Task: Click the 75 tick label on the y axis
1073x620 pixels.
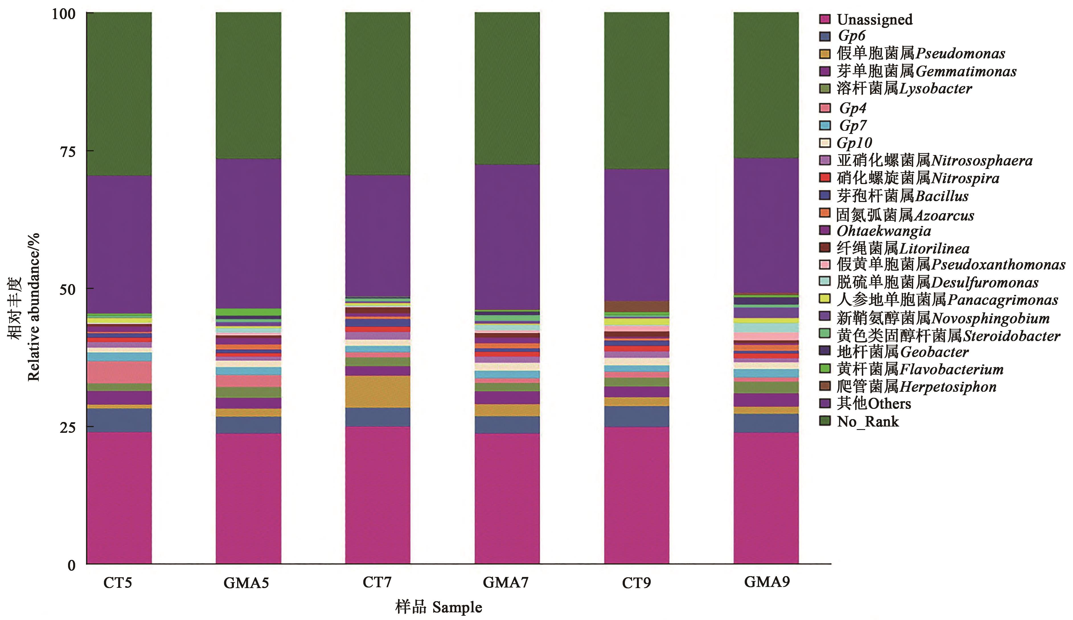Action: point(67,152)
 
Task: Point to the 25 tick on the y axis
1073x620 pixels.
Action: point(67,427)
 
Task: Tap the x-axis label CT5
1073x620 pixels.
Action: point(117,582)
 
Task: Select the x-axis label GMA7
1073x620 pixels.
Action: point(505,582)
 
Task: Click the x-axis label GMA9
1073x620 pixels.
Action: point(767,582)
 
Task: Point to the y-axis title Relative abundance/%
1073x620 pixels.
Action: point(33,307)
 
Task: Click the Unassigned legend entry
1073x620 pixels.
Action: point(874,20)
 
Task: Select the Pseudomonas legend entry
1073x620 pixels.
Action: point(921,54)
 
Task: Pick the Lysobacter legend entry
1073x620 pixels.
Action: point(904,89)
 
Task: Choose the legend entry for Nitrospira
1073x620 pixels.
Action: point(918,178)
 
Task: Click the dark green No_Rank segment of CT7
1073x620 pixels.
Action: point(378,94)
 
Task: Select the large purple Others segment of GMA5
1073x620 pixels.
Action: point(249,233)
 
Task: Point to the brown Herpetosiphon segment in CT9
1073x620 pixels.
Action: point(637,306)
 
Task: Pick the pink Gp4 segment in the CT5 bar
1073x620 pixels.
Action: point(119,372)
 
